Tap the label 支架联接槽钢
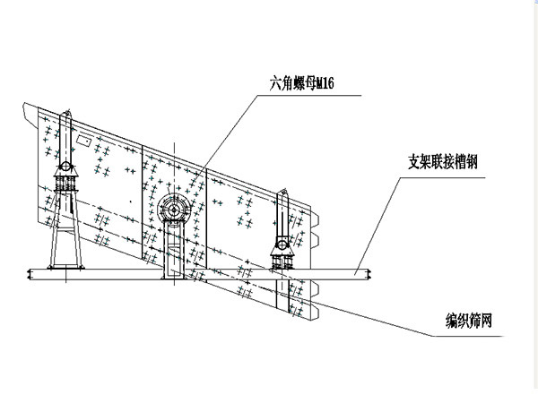point(442,164)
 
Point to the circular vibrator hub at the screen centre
point(171,210)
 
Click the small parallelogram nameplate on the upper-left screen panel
point(82,141)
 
